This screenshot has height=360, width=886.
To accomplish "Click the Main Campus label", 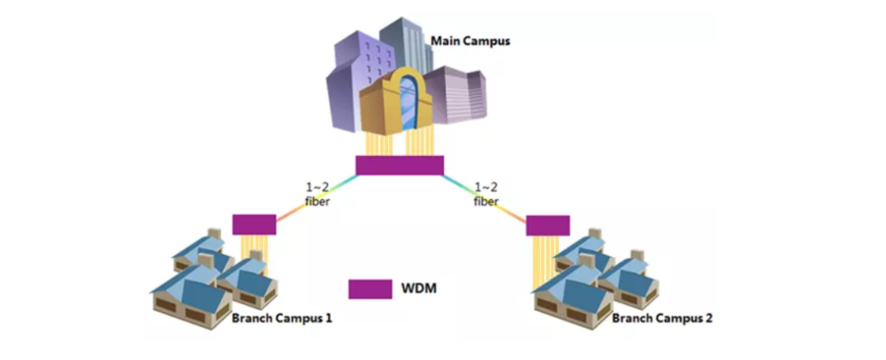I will [x=470, y=39].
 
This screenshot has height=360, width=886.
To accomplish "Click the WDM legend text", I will [x=418, y=289].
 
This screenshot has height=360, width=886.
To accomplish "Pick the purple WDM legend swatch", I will [x=369, y=289].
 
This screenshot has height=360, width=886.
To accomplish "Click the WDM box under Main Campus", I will [x=400, y=165].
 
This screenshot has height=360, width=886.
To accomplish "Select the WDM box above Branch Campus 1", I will [x=254, y=224].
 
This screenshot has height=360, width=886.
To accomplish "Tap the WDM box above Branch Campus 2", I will [x=547, y=225].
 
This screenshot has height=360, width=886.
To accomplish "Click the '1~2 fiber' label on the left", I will [x=316, y=194].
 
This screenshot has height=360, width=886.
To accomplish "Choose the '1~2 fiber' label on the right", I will [x=486, y=194].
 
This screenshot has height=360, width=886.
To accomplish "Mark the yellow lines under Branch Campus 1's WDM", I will [x=254, y=250].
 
